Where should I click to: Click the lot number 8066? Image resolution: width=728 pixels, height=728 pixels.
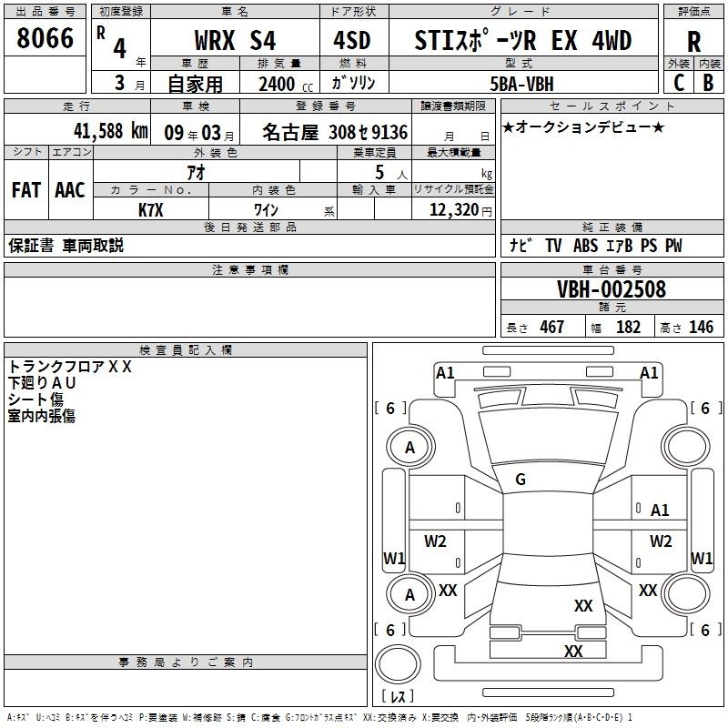(45, 38)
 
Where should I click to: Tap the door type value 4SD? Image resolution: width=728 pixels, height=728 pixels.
(352, 40)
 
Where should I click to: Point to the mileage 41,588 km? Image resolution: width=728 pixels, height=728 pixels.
(97, 130)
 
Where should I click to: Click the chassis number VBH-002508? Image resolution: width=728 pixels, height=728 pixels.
(612, 289)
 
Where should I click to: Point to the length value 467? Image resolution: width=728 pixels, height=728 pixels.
(551, 328)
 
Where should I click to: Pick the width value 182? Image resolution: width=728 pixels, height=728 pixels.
(628, 328)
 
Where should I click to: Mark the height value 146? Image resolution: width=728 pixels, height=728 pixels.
(701, 328)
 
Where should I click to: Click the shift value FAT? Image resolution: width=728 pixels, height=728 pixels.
(25, 190)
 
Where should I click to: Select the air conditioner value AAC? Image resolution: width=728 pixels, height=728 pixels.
(69, 190)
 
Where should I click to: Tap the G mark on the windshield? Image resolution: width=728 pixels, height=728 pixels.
(521, 480)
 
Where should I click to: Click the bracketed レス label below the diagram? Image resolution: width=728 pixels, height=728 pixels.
(398, 696)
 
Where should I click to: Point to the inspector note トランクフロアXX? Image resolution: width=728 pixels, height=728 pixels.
(70, 367)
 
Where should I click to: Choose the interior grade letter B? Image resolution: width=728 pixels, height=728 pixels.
(708, 83)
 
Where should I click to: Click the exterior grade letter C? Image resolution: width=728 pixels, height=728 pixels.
(678, 83)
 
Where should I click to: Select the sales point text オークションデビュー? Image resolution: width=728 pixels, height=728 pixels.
(583, 127)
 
